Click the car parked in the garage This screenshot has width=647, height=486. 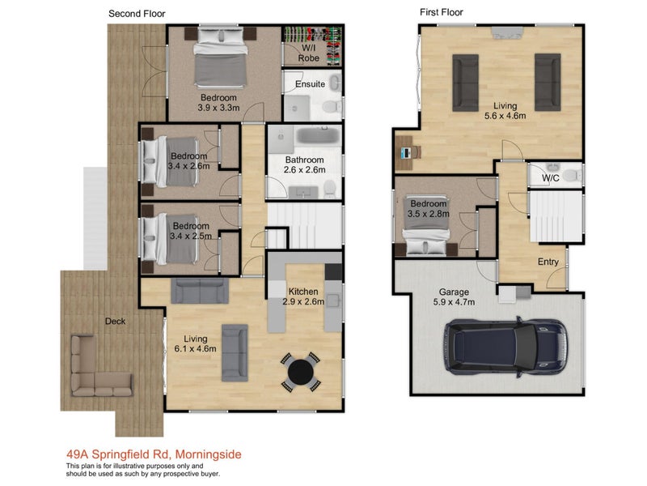point(505,347)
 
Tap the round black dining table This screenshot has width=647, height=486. point(300,372)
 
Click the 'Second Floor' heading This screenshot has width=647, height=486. point(137,14)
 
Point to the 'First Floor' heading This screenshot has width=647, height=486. point(441,12)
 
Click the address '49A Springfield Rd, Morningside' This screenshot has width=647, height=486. point(154,454)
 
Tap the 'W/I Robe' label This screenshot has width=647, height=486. point(309,53)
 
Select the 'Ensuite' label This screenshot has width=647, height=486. point(310,84)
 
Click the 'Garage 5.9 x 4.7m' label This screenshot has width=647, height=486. point(454,297)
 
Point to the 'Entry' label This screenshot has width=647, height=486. point(548,262)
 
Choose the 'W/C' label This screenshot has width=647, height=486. point(551,178)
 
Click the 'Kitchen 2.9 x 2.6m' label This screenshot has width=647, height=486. point(303,296)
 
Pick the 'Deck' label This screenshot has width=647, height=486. point(115,321)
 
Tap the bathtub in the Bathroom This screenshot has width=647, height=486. point(318,135)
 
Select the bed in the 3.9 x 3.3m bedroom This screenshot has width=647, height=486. point(220,57)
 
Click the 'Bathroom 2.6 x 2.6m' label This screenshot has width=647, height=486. point(305,164)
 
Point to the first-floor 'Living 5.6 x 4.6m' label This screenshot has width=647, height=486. point(505,111)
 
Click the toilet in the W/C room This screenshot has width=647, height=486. point(573,175)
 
